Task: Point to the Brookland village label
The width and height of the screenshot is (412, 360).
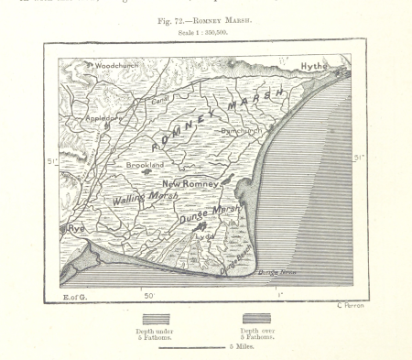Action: coord(145,165)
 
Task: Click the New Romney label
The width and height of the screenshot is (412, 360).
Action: coord(190,184)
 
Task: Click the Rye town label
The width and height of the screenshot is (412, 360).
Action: coord(75,227)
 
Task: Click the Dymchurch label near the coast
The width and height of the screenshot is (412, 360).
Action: coord(242,131)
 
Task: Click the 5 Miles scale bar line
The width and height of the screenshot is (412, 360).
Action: coord(192,347)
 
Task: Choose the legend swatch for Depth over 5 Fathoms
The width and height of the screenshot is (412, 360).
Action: coord(258,320)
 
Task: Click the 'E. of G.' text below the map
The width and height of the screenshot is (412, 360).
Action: coord(74,297)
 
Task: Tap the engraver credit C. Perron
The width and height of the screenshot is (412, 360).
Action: coord(350,305)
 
